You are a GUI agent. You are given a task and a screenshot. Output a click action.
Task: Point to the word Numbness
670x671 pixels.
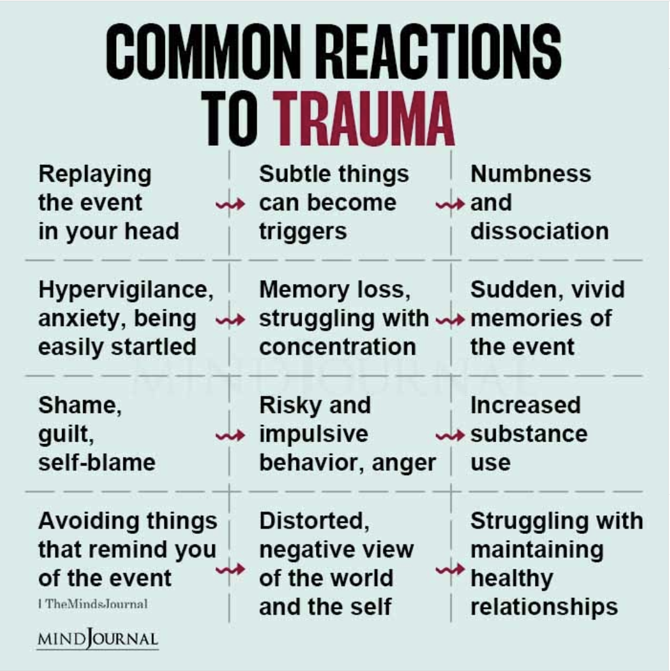[530, 174]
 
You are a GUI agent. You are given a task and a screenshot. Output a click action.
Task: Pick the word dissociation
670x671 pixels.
[539, 231]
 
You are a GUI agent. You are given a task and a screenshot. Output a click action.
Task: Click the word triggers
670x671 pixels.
[303, 231]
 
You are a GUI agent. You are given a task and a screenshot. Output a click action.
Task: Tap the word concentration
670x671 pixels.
[337, 347]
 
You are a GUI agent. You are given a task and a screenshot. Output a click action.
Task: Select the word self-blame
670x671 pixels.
[97, 463]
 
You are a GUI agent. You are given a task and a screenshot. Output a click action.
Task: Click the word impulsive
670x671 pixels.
[313, 434]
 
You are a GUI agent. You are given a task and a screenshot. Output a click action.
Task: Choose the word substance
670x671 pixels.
[529, 434]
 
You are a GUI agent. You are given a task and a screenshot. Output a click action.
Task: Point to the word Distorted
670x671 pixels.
[313, 521]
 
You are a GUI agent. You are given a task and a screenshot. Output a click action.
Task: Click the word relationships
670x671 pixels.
[543, 607]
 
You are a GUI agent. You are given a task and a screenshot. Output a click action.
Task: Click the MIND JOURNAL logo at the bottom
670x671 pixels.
[97, 638]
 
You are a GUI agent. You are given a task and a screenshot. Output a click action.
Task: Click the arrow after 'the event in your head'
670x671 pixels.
[230, 205]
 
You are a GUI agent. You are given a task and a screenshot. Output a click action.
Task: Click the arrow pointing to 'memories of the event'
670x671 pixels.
[450, 321]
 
